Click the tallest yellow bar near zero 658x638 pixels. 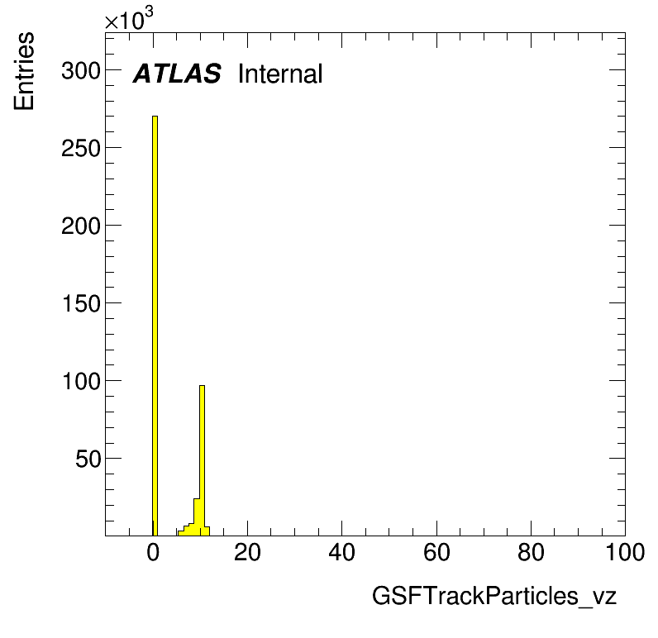pyautogui.click(x=155, y=326)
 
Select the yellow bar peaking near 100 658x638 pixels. pyautogui.click(x=202, y=460)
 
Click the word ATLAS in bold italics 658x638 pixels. pyautogui.click(x=177, y=74)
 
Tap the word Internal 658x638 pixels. pyautogui.click(x=280, y=74)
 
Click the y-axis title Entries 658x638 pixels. pyautogui.click(x=24, y=71)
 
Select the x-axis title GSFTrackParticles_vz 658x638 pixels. pyautogui.click(x=494, y=596)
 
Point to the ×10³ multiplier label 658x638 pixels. pyautogui.click(x=129, y=19)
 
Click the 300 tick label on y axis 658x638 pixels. pyautogui.click(x=81, y=70)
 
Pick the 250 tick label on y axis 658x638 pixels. pyautogui.click(x=81, y=148)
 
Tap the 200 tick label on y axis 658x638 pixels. pyautogui.click(x=81, y=226)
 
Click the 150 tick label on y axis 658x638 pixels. pyautogui.click(x=81, y=303)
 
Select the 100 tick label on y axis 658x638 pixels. pyautogui.click(x=81, y=381)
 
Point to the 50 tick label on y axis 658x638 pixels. pyautogui.click(x=88, y=459)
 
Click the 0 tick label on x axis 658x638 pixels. pyautogui.click(x=153, y=552)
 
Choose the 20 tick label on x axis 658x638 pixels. pyautogui.click(x=248, y=552)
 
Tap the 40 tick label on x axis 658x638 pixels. pyautogui.click(x=342, y=552)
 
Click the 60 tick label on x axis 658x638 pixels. pyautogui.click(x=436, y=552)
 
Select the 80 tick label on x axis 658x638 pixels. pyautogui.click(x=532, y=552)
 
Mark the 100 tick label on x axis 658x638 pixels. pyautogui.click(x=625, y=552)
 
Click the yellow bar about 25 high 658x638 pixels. pyautogui.click(x=197, y=517)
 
